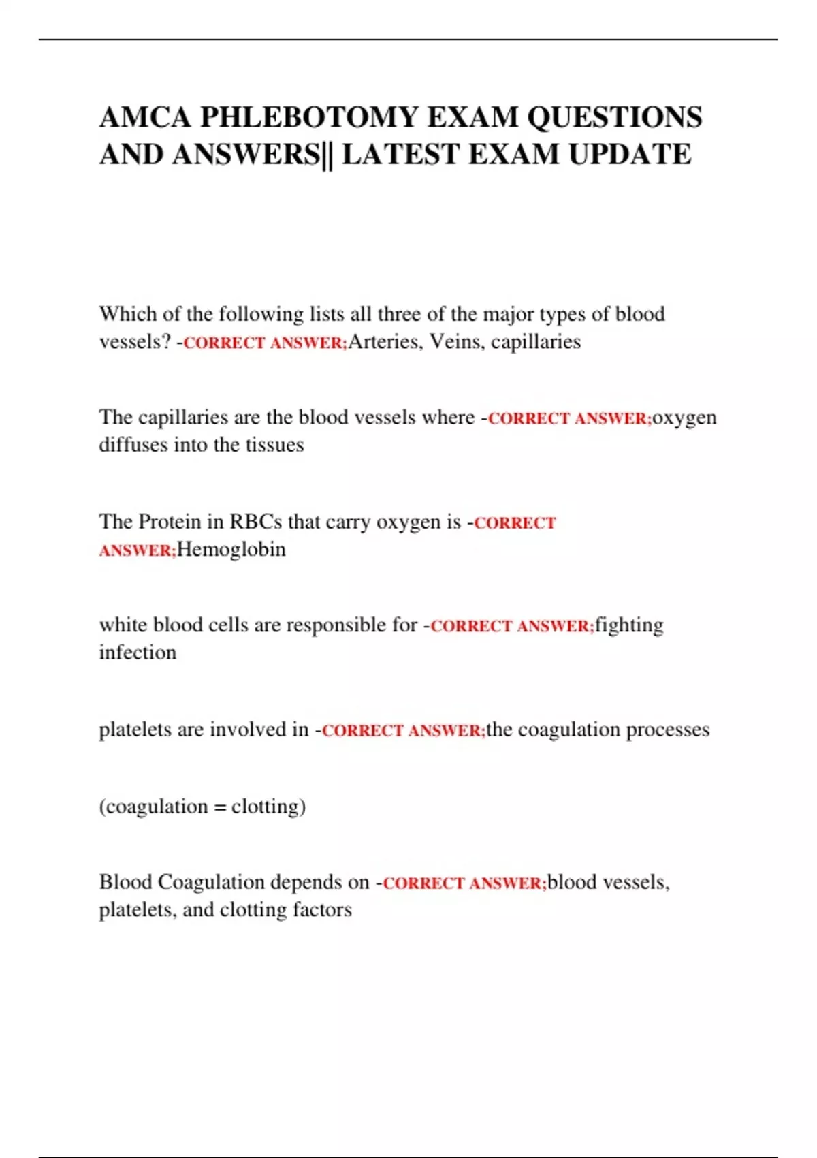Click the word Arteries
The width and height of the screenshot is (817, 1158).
coord(385,341)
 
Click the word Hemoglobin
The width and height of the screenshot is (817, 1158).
coord(231,549)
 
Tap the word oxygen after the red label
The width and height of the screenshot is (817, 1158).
coord(684,417)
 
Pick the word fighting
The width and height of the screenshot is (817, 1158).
coord(629,625)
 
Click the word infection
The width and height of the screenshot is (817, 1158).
coord(138,653)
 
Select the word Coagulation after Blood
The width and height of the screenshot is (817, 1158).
coord(211,882)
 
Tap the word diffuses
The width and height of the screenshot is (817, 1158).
coord(133,445)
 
